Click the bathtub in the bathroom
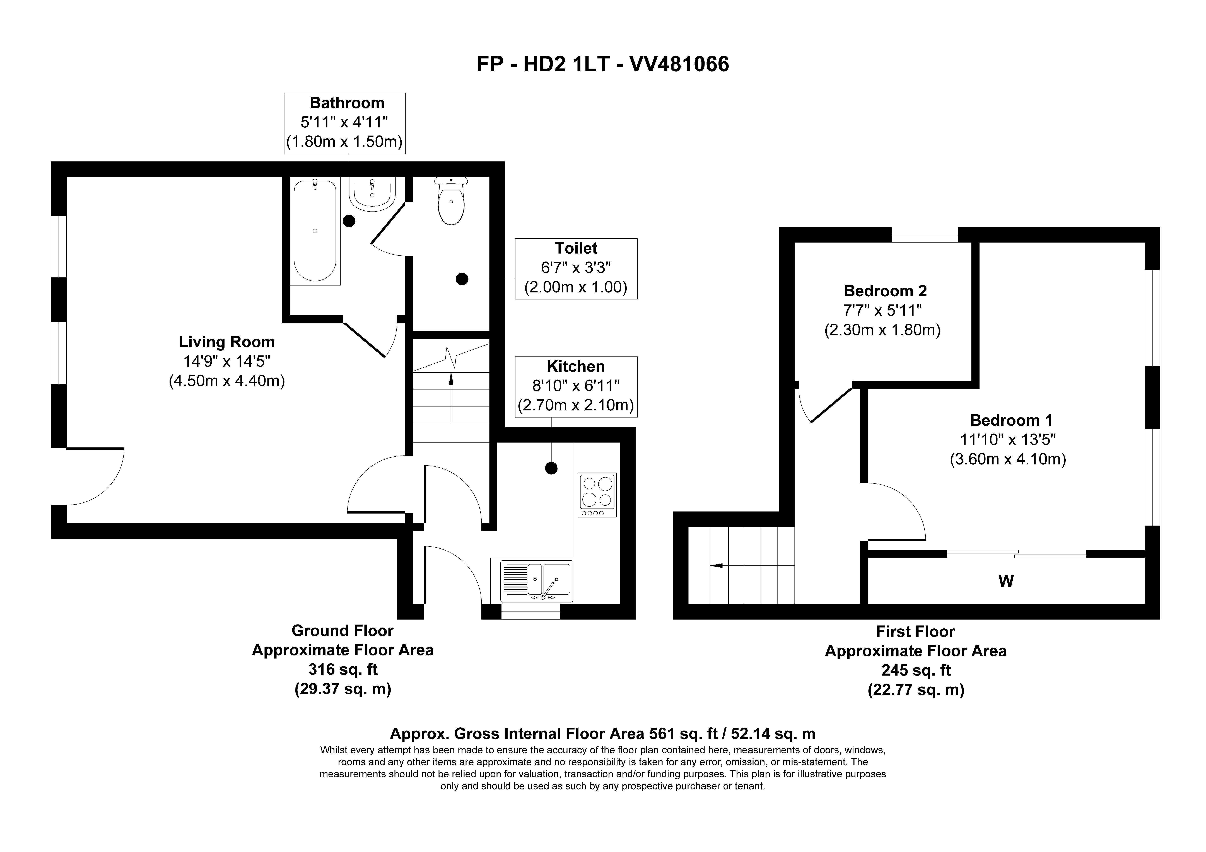[315, 231]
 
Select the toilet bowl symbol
[451, 205]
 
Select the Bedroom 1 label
[1011, 420]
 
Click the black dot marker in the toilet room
[462, 279]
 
